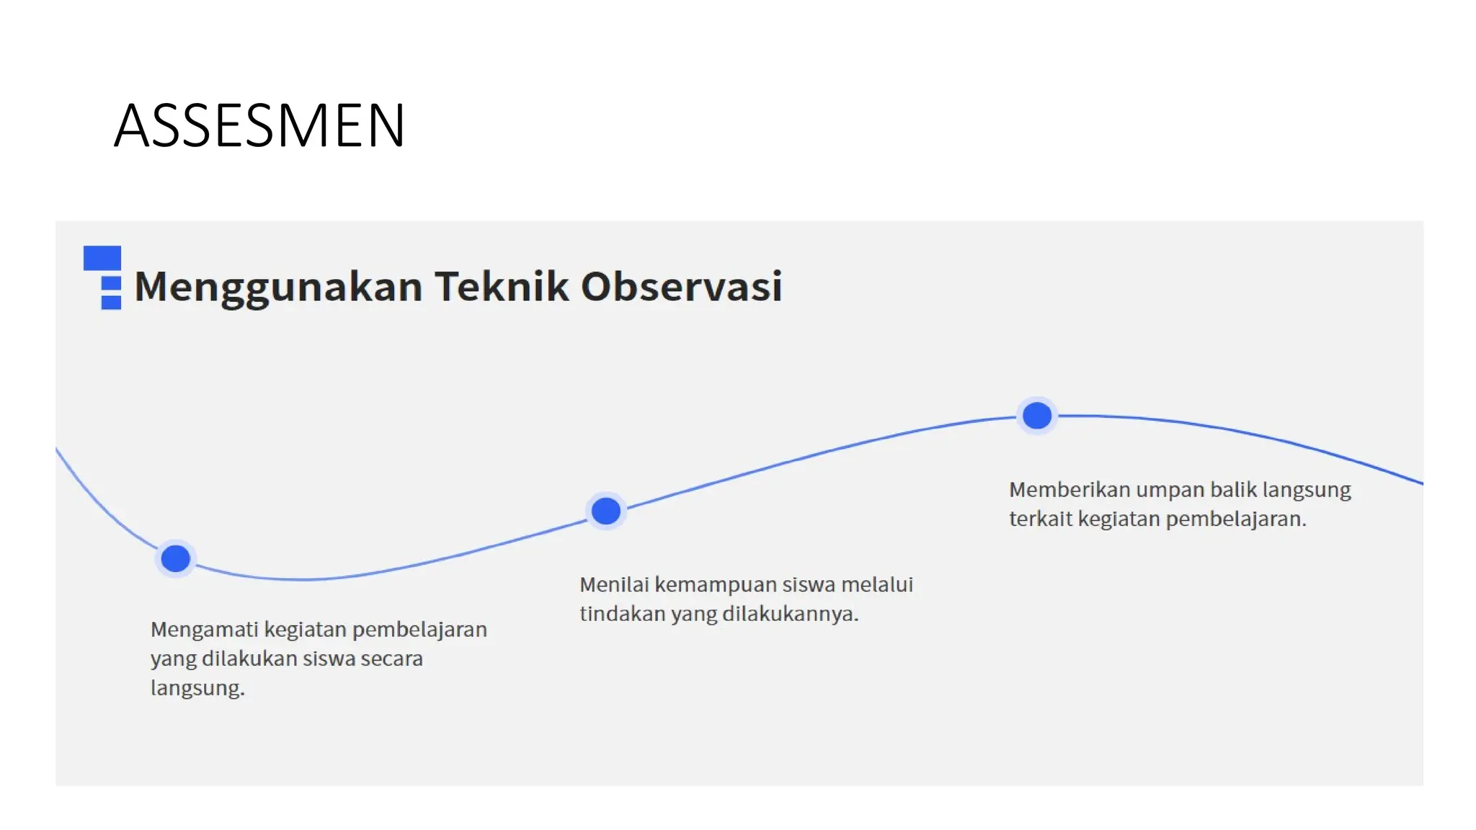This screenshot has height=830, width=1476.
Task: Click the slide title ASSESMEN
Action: (x=259, y=126)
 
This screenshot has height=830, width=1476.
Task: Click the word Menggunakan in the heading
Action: (x=278, y=287)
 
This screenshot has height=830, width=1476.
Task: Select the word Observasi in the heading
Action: (x=681, y=286)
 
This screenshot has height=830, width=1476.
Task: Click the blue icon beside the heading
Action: (x=102, y=278)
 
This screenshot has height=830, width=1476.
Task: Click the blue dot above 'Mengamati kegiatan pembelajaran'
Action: (x=175, y=558)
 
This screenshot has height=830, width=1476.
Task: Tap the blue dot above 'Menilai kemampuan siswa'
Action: (x=606, y=511)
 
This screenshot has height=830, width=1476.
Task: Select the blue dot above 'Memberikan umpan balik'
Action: (x=1037, y=416)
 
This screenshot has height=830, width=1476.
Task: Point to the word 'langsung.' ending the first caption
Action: (x=197, y=688)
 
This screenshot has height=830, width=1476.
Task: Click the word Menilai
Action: (x=613, y=584)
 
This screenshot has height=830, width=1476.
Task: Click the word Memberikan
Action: (x=1069, y=490)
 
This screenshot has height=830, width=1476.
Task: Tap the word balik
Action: (x=1233, y=490)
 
